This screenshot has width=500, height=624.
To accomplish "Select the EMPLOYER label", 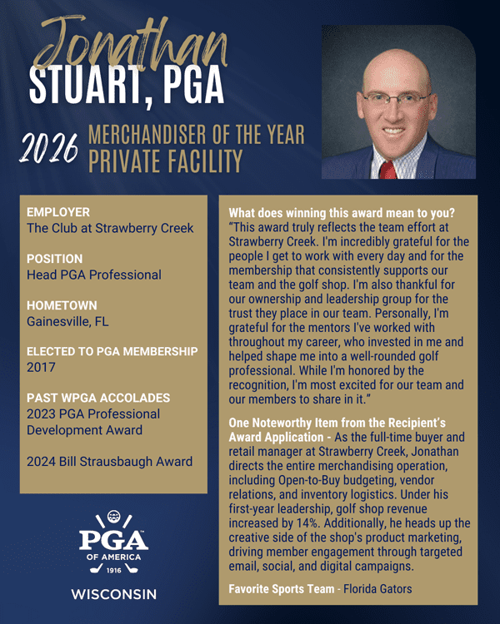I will [58, 212].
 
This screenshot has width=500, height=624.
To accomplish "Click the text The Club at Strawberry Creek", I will [110, 228].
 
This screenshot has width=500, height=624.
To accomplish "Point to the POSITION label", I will [55, 259].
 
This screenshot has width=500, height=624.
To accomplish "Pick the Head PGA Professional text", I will [94, 275].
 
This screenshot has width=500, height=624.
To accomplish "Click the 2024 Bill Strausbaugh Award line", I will [110, 461].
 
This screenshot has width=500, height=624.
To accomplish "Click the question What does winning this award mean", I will [342, 212].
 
